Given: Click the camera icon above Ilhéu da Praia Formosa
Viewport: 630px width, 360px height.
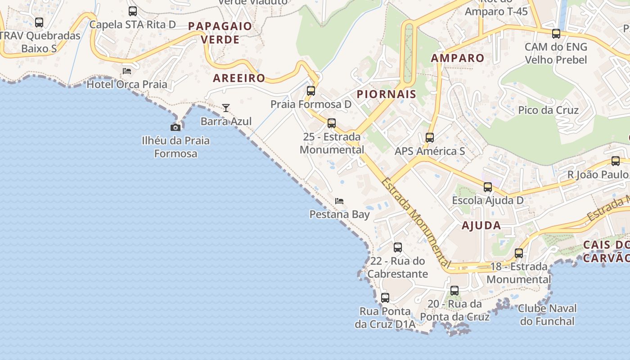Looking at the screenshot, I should point(175,128).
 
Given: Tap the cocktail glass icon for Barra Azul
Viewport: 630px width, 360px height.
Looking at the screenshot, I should point(226,108).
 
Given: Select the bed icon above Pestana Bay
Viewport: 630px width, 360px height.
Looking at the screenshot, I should point(339,201).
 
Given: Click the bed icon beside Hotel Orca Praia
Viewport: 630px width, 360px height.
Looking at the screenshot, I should point(127,71).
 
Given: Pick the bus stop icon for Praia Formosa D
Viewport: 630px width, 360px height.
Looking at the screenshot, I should point(311,91).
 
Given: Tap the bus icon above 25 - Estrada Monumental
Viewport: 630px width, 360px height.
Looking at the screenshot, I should point(332,123).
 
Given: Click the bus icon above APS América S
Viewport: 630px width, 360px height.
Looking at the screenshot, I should point(430,138).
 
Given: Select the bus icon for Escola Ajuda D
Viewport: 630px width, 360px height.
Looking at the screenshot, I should point(488,187).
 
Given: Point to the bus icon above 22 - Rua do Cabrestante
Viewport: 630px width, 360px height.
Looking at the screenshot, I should point(398,247).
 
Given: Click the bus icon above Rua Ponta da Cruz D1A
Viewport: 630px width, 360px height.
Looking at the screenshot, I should point(385,298).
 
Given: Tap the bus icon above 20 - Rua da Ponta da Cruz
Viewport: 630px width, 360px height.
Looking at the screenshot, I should point(454,291).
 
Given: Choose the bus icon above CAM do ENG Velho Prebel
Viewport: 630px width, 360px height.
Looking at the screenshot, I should point(556,34).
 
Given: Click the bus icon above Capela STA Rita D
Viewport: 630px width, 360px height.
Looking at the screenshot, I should point(133,11).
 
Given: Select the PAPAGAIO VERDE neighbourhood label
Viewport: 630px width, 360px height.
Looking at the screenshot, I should point(220,33).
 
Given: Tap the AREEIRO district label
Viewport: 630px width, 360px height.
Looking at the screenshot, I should point(239,78).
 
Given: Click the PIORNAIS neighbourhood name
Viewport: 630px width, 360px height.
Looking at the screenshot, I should point(387,94).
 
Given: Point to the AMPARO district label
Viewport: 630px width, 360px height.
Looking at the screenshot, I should point(458,58).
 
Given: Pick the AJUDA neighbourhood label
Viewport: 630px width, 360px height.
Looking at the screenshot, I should point(481,225).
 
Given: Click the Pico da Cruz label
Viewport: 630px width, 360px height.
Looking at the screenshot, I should point(549,110).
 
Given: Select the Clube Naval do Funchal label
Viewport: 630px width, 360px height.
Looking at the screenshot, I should point(547,315).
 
